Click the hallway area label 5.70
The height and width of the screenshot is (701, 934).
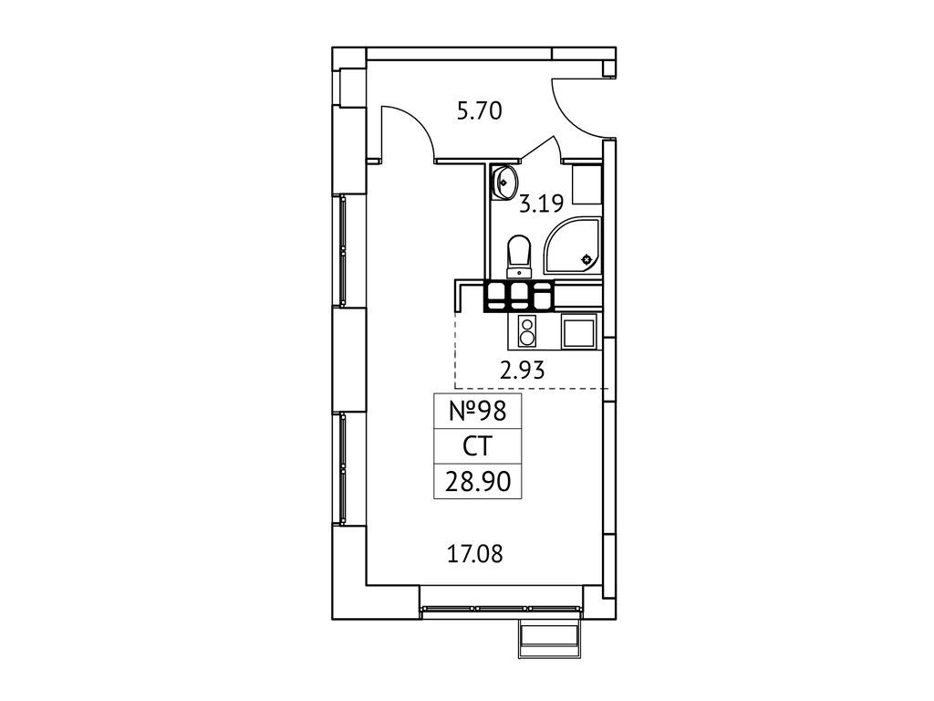click(480, 111)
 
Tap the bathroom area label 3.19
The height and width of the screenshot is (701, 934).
click(541, 204)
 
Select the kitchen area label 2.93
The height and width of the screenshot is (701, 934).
click(523, 371)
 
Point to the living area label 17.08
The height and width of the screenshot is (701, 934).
click(474, 554)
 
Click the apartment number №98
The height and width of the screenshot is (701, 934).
click(477, 411)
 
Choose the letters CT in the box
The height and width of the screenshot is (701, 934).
click(477, 445)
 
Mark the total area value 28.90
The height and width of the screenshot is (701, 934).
click(478, 481)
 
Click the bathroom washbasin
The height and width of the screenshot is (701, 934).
click(504, 183)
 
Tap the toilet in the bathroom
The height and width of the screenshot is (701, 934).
click(519, 256)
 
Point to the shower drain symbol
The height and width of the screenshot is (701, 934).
click(586, 259)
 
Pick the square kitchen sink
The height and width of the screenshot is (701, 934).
click(579, 331)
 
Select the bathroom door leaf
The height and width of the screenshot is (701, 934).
click(540, 149)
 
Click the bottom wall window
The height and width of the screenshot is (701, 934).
click(502, 609)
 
